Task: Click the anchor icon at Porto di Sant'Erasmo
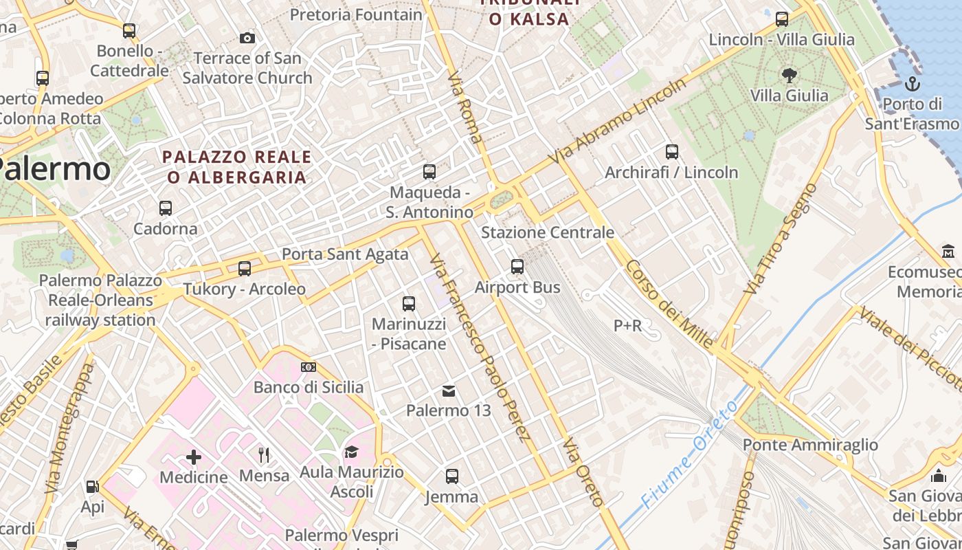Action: pyautogui.click(x=912, y=84)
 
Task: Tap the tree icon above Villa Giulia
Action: pyautogui.click(x=789, y=75)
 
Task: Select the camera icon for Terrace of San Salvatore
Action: pyautogui.click(x=247, y=38)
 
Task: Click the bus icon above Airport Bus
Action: pyautogui.click(x=517, y=266)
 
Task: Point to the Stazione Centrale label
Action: pyautogui.click(x=547, y=232)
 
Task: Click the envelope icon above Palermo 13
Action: pyautogui.click(x=449, y=390)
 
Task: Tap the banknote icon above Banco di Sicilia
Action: pyautogui.click(x=309, y=367)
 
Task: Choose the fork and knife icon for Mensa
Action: pyautogui.click(x=264, y=454)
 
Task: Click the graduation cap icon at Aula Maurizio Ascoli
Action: pyautogui.click(x=352, y=452)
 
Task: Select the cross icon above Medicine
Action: pyautogui.click(x=194, y=456)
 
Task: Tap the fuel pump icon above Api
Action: pyautogui.click(x=92, y=487)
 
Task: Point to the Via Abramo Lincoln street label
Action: pyautogui.click(x=621, y=121)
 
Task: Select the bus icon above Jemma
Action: pyautogui.click(x=451, y=476)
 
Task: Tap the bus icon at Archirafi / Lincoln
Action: pyautogui.click(x=671, y=152)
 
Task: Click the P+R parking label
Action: pyautogui.click(x=627, y=325)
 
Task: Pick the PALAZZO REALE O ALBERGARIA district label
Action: pyautogui.click(x=237, y=167)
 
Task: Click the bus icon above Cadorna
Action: pyautogui.click(x=165, y=208)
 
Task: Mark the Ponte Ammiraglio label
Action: pyautogui.click(x=810, y=445)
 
